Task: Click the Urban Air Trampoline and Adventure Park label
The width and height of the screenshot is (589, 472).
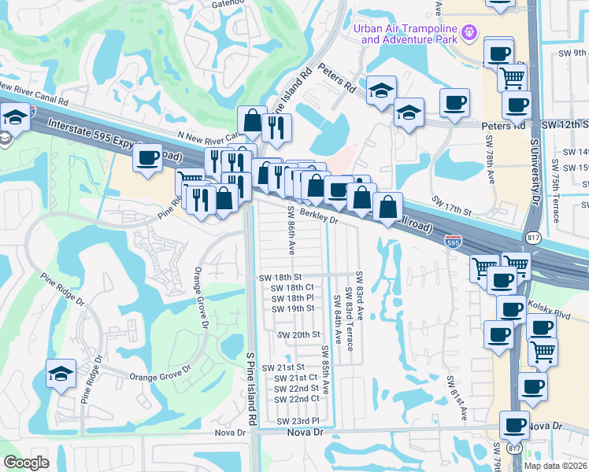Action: point(406,33)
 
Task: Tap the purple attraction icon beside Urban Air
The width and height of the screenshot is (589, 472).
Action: point(470,32)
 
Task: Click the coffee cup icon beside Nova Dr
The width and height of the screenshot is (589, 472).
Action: point(515,425)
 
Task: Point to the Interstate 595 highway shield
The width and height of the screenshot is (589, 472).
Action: point(453,242)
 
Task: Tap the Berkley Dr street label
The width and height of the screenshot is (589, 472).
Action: point(319,219)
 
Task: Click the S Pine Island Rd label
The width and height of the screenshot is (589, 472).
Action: point(251,389)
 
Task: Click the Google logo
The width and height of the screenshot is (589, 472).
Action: point(26,462)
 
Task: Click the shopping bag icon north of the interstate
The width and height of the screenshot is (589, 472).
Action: point(252,121)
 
